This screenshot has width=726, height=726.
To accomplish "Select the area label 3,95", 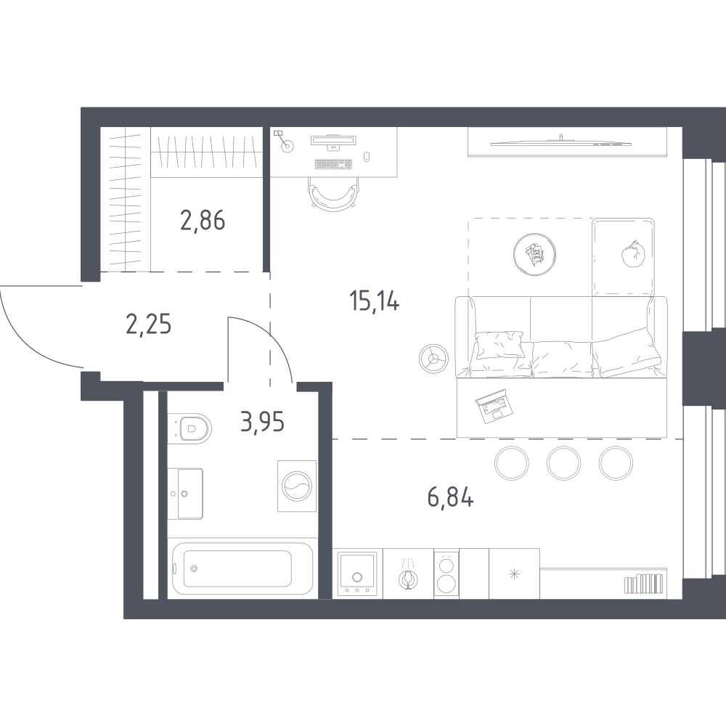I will [261, 420].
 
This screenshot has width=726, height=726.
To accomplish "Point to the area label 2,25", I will [148, 325].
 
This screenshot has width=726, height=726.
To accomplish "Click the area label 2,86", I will [203, 219].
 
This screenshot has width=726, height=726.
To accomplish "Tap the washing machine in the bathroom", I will [296, 485].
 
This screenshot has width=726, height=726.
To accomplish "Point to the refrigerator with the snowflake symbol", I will [515, 574].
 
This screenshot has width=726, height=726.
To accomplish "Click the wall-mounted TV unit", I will [566, 141].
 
